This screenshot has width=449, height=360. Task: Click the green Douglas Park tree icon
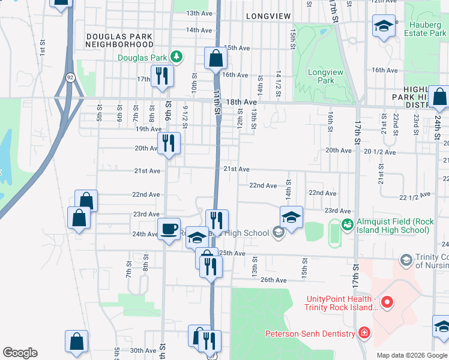point(176,58)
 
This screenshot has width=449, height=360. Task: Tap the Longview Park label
point(321,76)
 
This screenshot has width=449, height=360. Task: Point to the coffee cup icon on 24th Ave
point(169,228)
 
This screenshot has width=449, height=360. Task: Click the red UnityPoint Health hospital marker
point(387,304)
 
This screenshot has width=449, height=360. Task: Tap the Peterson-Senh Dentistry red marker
point(363,333)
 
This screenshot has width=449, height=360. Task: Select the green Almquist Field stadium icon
point(347,224)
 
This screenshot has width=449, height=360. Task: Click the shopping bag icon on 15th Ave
point(215,58)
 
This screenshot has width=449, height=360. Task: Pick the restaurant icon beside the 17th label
point(162,76)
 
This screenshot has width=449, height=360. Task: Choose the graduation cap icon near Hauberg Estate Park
point(384,26)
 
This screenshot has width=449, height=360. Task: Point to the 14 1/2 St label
point(278,81)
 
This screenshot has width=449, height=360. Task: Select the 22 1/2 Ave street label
point(415,196)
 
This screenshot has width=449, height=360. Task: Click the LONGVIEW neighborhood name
point(268,16)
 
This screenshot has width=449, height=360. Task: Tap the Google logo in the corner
point(20,353)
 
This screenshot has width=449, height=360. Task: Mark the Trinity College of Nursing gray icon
point(406,259)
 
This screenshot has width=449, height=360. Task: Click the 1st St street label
point(43,47)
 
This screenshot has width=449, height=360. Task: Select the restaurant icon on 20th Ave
point(169,143)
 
